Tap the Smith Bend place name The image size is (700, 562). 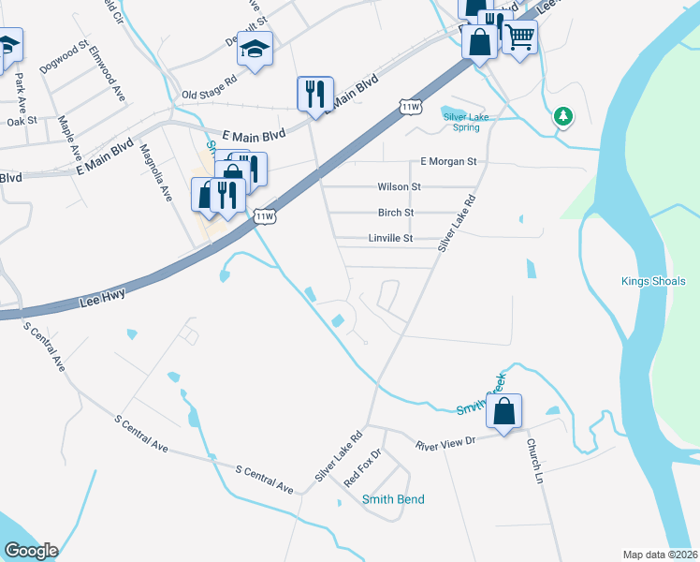(393, 499)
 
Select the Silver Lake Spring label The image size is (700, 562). (467, 122)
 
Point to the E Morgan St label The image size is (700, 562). (449, 161)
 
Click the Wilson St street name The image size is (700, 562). (400, 186)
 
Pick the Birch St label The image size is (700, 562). (396, 213)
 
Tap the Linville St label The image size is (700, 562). (388, 239)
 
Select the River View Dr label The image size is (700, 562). (446, 443)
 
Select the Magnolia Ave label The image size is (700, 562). (156, 173)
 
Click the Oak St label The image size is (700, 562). (21, 121)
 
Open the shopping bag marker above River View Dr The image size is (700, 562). (503, 412)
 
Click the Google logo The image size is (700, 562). (31, 551)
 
